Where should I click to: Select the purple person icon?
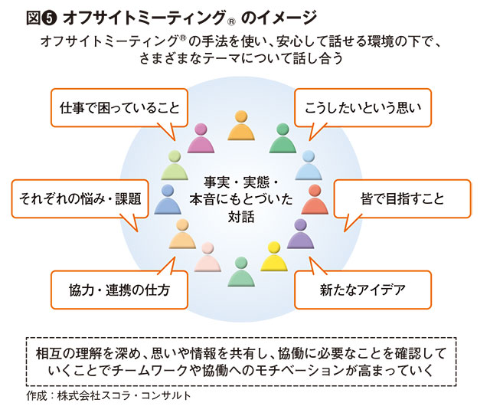(301, 235)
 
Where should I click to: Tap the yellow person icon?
(273, 257)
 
